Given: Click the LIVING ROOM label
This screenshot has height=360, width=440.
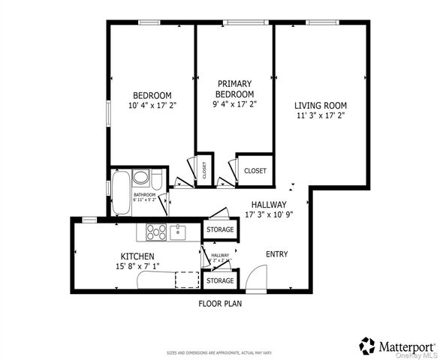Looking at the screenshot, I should (x=320, y=106).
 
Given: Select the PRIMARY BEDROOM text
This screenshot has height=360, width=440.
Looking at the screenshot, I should (x=234, y=88).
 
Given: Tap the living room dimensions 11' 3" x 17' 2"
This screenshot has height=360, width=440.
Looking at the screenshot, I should (x=320, y=116).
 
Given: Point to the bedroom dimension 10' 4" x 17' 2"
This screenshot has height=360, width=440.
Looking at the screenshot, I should (x=152, y=106).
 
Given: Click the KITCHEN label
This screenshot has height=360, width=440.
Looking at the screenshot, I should (x=138, y=256).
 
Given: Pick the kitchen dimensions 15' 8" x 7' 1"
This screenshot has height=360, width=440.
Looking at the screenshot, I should (x=138, y=266).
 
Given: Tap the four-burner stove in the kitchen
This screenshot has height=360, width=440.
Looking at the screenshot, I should (x=156, y=232).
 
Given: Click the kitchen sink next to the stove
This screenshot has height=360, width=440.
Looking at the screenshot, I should (x=177, y=232).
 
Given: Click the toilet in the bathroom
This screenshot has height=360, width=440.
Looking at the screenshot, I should (x=140, y=178).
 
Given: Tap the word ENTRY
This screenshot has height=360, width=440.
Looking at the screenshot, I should (x=277, y=254).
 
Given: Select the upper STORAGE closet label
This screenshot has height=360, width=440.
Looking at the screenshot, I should (x=220, y=229).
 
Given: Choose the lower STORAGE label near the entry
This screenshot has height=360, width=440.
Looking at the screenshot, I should (x=220, y=280).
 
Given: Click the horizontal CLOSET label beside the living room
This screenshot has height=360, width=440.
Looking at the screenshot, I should (x=255, y=171).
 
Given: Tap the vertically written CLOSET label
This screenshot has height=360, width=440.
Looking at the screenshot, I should (x=204, y=170).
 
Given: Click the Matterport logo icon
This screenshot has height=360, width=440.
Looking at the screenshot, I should (x=367, y=345).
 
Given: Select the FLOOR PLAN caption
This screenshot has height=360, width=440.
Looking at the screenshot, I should (x=219, y=304).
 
